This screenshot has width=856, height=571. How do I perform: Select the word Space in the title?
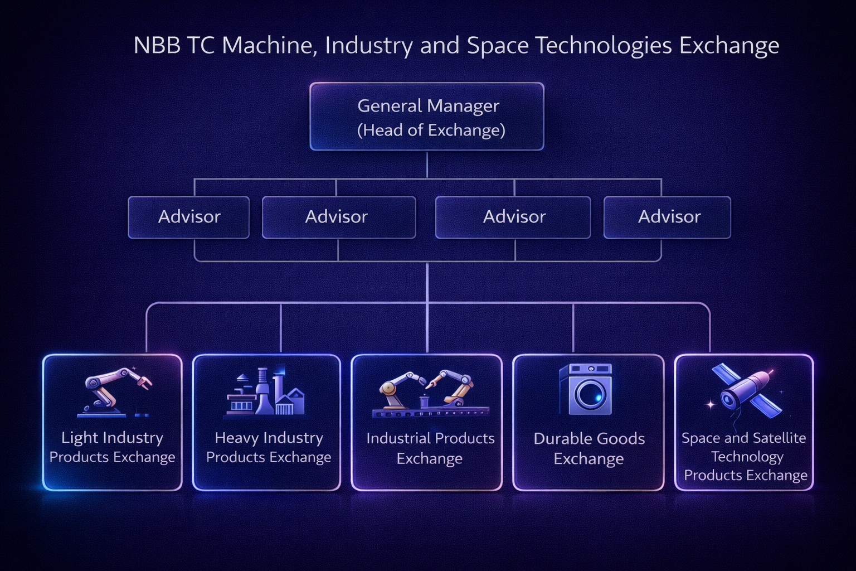click(497, 45)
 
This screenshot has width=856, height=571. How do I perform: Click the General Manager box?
click(427, 117)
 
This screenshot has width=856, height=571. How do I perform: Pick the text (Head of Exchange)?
click(431, 130)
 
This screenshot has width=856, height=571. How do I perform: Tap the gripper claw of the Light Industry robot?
click(144, 382)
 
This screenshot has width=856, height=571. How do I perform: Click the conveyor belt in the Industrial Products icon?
click(430, 413)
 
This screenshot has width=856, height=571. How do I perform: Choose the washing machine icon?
click(585, 389)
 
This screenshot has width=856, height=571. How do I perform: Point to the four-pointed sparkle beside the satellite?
click(711, 404)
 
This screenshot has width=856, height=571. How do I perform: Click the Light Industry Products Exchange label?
click(112, 447)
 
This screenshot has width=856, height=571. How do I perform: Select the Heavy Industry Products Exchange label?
click(269, 447)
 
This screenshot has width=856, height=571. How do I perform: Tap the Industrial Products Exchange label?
click(430, 448)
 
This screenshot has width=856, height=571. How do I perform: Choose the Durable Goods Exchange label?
click(589, 448)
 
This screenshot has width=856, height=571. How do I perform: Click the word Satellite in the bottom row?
click(779, 438)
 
